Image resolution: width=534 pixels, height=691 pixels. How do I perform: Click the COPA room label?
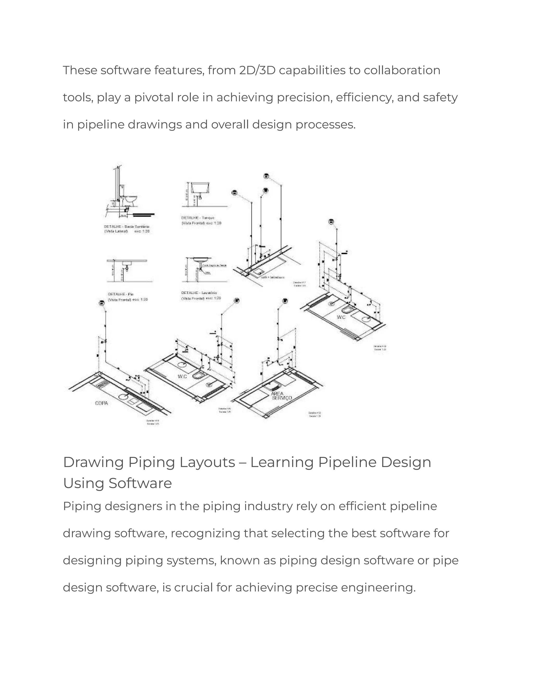101,403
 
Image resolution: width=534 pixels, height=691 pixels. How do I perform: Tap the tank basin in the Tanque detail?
201,188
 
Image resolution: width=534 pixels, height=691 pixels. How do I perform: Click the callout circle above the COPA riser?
101,303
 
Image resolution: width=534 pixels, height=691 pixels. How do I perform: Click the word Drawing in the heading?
93,463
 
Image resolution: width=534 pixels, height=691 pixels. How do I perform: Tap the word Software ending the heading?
140,483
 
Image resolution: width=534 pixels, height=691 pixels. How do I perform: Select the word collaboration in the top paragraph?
402,70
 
